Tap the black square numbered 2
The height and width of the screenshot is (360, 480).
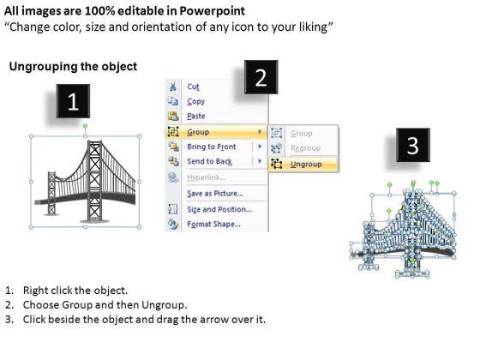coord(261,80)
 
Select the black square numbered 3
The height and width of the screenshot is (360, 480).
coord(413,147)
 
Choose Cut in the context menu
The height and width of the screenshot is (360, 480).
coord(193,87)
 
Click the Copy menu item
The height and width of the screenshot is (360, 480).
coord(195,101)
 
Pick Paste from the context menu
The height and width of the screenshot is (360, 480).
coord(196,116)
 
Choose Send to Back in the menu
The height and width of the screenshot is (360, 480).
coord(209,161)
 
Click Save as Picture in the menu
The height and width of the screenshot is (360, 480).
coord(214,193)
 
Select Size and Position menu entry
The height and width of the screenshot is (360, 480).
coord(219,209)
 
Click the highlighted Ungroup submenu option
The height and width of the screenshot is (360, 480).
coord(305,163)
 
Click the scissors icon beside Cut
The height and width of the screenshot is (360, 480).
coord(173,87)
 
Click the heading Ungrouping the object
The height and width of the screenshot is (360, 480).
coord(72,66)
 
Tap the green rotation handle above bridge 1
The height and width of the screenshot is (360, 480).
coord(85,126)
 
